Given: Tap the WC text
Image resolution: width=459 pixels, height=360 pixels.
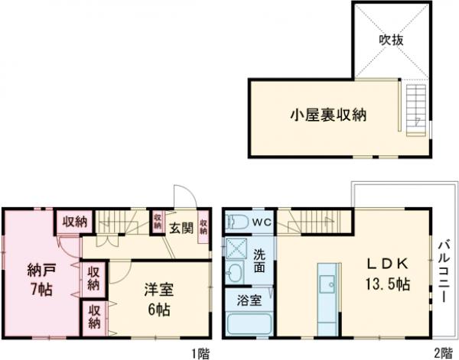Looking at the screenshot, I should [261, 222].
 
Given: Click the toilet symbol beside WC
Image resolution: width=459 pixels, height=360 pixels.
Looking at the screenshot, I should [236, 222].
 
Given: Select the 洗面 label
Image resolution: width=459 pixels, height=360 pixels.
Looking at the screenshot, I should [259, 261].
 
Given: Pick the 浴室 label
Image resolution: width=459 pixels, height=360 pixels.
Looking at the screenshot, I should [250, 300].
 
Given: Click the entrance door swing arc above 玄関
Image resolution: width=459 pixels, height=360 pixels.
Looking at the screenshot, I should [184, 196].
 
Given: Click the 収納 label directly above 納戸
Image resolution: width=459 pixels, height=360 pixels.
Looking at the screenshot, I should [74, 222].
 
